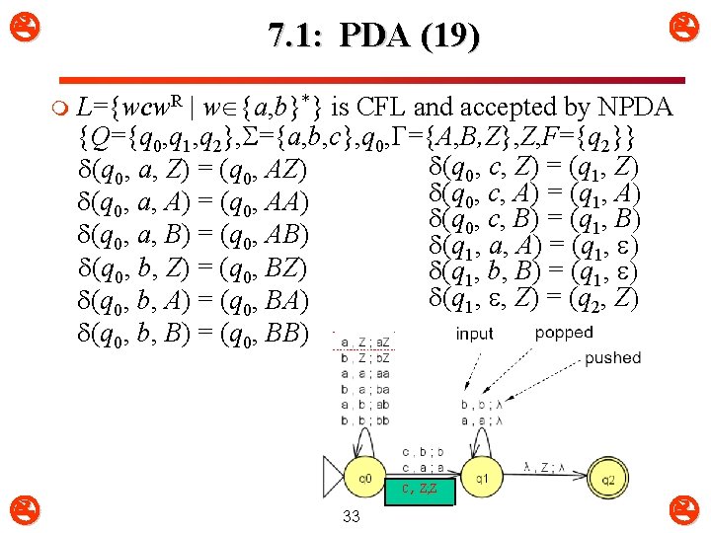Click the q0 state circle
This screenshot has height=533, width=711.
pyautogui.click(x=365, y=478)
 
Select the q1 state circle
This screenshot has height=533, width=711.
pyautogui.click(x=481, y=478)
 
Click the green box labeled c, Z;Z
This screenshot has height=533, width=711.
pyautogui.click(x=420, y=491)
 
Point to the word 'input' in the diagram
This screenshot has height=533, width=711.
pyautogui.click(x=475, y=334)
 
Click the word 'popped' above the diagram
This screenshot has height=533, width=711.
pyautogui.click(x=564, y=333)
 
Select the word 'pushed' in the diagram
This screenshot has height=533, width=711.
pyautogui.click(x=612, y=358)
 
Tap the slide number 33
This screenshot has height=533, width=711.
pyautogui.click(x=351, y=517)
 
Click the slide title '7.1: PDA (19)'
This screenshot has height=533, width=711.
pyautogui.click(x=374, y=38)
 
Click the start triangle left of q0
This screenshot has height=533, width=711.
pyautogui.click(x=333, y=478)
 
